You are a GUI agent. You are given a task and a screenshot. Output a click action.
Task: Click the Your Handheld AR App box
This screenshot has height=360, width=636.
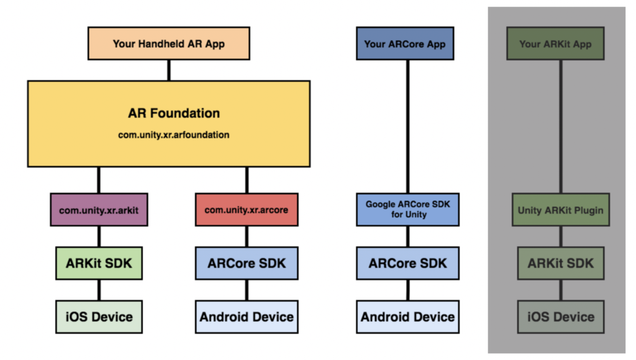(169, 43)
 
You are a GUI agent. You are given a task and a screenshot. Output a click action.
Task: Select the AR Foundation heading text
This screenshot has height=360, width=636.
(174, 114)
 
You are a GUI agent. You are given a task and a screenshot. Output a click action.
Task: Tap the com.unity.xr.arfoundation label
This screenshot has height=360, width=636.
(174, 135)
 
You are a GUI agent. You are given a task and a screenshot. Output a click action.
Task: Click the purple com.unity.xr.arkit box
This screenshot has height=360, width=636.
(99, 210)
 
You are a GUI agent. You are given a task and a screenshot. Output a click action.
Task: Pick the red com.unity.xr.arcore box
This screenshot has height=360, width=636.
(247, 210)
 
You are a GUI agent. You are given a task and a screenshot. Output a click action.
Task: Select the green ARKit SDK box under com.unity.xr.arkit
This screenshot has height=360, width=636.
(99, 263)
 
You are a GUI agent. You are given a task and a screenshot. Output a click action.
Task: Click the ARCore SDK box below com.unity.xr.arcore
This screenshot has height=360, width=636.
(247, 263)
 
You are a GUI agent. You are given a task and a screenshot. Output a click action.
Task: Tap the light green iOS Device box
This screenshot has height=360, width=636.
(99, 317)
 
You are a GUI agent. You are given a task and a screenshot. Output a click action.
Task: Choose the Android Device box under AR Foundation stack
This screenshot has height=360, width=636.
(247, 317)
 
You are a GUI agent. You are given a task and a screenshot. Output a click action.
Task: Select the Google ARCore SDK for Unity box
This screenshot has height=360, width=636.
(407, 209)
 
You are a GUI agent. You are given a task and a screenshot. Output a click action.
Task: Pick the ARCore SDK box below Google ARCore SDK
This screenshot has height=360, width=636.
(407, 263)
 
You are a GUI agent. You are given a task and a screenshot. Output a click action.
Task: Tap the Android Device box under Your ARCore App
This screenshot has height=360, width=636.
(407, 317)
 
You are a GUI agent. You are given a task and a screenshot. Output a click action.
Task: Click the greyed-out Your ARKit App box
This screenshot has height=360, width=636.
(555, 43)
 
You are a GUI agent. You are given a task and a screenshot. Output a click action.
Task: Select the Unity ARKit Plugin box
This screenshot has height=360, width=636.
(561, 210)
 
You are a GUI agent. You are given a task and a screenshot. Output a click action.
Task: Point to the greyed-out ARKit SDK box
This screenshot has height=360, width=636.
(561, 263)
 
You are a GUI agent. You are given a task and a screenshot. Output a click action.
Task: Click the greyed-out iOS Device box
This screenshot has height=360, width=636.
(561, 317)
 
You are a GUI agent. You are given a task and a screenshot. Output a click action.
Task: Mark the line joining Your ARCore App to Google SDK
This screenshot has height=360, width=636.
(408, 124)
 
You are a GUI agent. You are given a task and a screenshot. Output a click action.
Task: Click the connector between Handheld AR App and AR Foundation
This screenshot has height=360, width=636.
(168, 70)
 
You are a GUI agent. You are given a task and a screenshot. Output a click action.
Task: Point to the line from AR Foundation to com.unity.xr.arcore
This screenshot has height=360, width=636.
(247, 180)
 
